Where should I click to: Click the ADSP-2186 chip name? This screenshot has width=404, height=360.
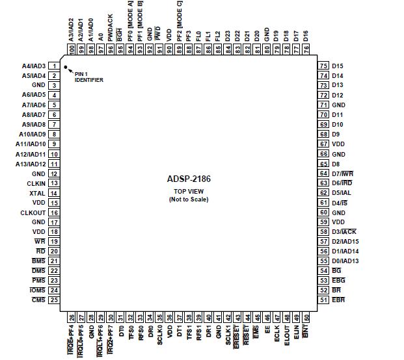[188, 178]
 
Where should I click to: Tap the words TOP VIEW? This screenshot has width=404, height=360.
[188, 192]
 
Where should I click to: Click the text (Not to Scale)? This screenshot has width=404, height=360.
[188, 199]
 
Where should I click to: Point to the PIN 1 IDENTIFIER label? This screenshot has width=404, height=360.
[88, 77]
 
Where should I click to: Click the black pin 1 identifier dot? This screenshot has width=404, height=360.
[66, 66]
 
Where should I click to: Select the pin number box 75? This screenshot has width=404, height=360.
[323, 66]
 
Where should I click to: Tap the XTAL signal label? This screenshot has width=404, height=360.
[37, 193]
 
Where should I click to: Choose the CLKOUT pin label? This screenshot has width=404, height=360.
[33, 212]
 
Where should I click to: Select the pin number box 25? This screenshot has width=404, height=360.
[54, 300]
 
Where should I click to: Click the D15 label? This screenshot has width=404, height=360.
[337, 66]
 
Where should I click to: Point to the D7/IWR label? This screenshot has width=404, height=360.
[342, 174]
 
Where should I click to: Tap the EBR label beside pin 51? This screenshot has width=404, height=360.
[338, 300]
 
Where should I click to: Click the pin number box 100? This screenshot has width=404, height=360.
[72, 49]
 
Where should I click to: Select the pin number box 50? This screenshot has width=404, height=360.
[306, 318]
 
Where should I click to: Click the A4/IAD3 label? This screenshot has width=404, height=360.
[34, 66]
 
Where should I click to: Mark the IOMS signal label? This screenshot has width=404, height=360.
[38, 290]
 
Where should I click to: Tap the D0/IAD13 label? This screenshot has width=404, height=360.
[345, 261]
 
